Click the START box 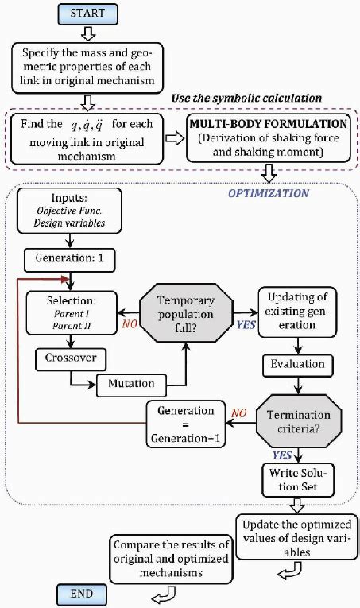[87, 14]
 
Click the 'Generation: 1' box [69, 258]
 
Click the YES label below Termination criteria [282, 455]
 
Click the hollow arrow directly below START [87, 33]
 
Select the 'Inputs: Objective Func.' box [69, 211]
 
